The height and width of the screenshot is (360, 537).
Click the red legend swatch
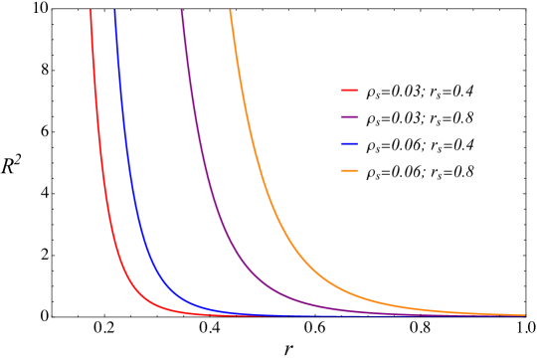[349, 90]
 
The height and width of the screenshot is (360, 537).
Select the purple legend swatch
[349, 117]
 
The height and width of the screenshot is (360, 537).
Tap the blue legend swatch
[349, 144]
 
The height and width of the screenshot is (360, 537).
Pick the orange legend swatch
[349, 171]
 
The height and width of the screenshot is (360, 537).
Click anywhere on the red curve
[101, 149]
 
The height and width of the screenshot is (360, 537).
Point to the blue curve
[129, 149]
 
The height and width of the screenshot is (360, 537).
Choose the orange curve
[261, 149]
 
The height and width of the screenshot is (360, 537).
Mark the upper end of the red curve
[90, 11]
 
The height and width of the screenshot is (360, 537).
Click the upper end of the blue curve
[114, 11]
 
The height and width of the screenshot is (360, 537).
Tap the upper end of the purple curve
[182, 11]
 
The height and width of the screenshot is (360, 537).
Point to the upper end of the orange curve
[230, 11]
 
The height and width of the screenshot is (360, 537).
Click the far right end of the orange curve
[524, 314]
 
